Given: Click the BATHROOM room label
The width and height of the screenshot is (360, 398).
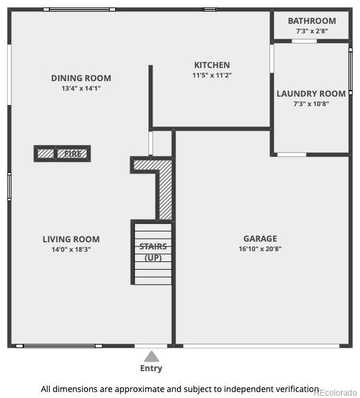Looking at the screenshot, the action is point(312,21).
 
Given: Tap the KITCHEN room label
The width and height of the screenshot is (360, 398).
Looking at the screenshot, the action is point(212,65).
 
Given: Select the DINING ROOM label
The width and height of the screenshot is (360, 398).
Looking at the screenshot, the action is point(81,78).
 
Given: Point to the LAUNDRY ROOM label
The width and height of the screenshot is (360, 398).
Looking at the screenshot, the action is point(311,94).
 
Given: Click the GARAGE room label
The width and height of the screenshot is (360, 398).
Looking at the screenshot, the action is point(260,239).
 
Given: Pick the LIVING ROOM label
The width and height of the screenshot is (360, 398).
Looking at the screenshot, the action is point(71,239).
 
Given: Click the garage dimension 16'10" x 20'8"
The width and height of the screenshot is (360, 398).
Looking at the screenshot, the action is point(260,249).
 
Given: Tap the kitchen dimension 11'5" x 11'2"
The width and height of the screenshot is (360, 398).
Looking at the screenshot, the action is point(212,75).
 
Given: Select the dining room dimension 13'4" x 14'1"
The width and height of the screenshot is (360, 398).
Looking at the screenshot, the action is point(81,88).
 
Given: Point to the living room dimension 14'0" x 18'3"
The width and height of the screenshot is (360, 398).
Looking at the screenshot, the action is point(71,249).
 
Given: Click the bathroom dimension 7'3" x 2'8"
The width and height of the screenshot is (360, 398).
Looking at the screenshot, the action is point(312,31).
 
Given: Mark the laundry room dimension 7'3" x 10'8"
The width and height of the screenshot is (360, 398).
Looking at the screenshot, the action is point(311,104).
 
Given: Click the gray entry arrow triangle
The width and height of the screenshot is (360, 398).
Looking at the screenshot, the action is point(151,356).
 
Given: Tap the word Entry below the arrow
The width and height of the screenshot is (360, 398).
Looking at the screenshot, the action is point(151,368).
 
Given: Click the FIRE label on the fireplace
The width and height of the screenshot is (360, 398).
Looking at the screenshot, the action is point(73,154).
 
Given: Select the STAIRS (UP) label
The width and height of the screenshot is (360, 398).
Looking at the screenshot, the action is point(153,252).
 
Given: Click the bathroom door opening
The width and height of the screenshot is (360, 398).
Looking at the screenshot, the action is point(304,41).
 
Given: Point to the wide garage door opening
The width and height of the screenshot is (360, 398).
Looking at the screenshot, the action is point(261,346).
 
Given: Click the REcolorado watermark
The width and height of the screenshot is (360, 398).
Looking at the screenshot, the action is point(335,393).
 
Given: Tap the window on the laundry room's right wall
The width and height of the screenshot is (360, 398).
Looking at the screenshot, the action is point(350,72).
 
